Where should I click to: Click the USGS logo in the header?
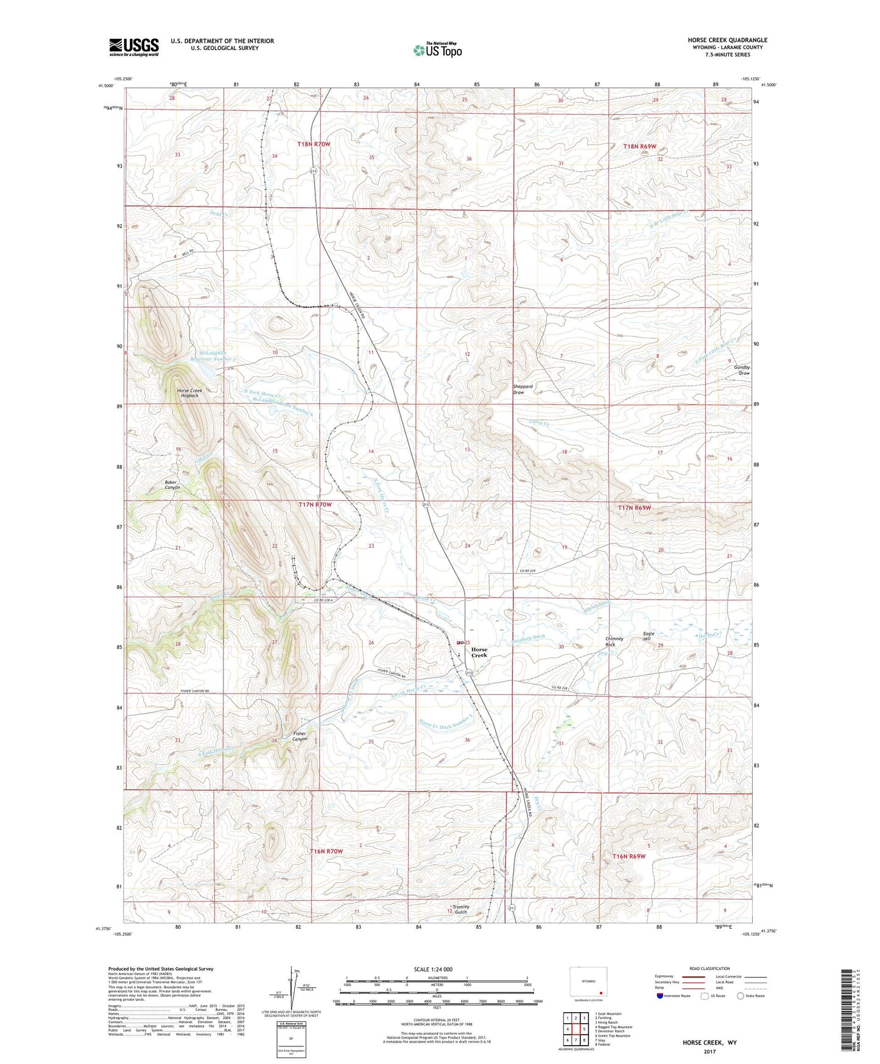tap(134, 47)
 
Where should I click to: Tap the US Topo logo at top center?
tap(437, 50)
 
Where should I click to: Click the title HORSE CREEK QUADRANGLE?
tap(727, 40)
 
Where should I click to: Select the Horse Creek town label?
tap(479, 653)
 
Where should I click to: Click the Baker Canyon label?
tap(172, 485)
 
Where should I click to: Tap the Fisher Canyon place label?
tap(300, 736)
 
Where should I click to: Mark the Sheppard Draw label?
tap(523, 389)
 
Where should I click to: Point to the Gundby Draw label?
tap(742, 370)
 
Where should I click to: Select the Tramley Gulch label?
tap(461, 909)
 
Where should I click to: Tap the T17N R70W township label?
tap(315, 505)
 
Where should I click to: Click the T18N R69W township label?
tap(640, 147)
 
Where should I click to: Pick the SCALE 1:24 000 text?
tap(433, 970)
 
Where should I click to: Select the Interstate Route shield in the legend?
tap(660, 996)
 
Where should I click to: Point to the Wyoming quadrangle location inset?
tap(588, 982)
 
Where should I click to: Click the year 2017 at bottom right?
tap(709, 1052)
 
